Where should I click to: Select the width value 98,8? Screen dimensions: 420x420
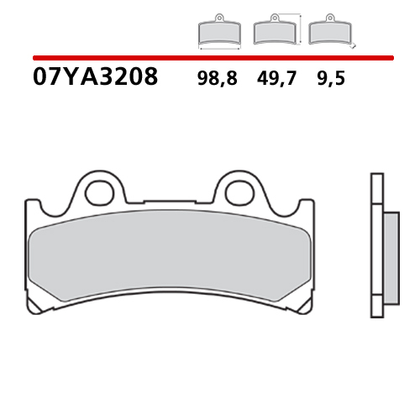point(218,79)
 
